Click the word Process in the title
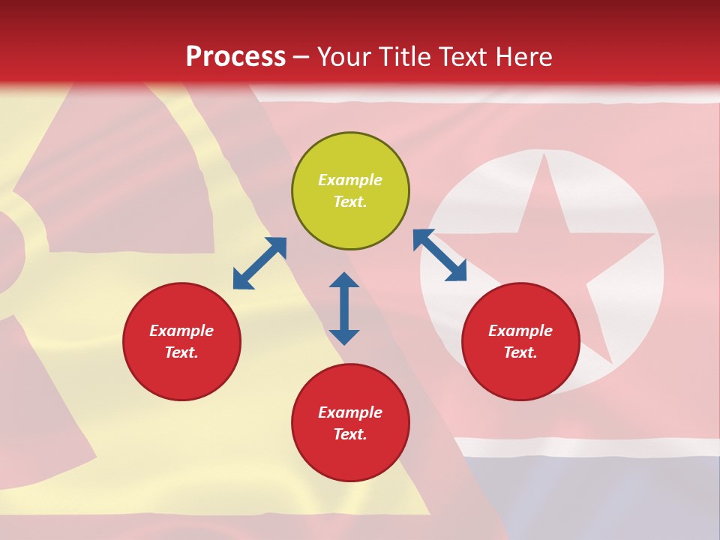pyautogui.click(x=235, y=57)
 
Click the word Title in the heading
pyautogui.click(x=404, y=57)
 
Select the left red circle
pyautogui.click(x=181, y=341)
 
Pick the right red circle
pyautogui.click(x=520, y=341)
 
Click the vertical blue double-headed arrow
pyautogui.click(x=344, y=308)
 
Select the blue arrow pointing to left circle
pyautogui.click(x=259, y=263)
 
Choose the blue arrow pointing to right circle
pyautogui.click(x=440, y=255)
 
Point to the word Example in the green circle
pyautogui.click(x=350, y=180)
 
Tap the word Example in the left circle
pyautogui.click(x=181, y=331)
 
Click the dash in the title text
pyautogui.click(x=301, y=57)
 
